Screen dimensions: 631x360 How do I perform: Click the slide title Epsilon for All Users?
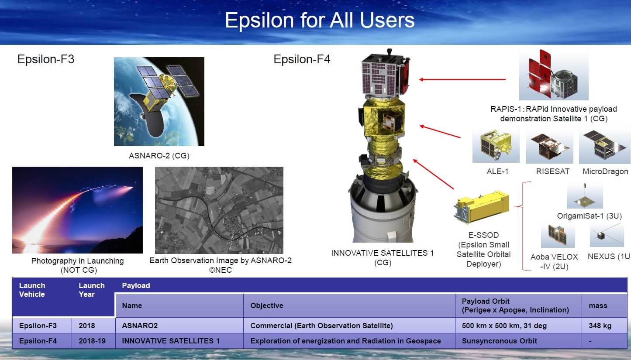pyautogui.click(x=320, y=21)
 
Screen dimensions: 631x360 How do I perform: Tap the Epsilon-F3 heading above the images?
pyautogui.click(x=46, y=59)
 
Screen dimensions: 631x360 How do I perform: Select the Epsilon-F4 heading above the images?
pyautogui.click(x=302, y=59)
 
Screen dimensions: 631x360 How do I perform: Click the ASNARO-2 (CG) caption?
pyautogui.click(x=159, y=156)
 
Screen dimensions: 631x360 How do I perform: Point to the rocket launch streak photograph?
pyautogui.click(x=78, y=210)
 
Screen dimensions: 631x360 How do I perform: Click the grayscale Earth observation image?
pyautogui.click(x=219, y=210)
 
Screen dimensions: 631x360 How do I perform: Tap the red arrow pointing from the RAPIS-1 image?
pyautogui.click(x=462, y=80)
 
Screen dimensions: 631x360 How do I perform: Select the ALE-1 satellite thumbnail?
pyautogui.click(x=496, y=145)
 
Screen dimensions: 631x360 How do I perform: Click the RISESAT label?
pyautogui.click(x=553, y=171)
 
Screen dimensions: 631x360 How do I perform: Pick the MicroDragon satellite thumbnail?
pyautogui.click(x=605, y=146)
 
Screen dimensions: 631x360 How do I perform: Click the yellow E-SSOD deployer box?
pyautogui.click(x=482, y=207)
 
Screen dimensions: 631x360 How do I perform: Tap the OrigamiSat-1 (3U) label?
pyautogui.click(x=590, y=216)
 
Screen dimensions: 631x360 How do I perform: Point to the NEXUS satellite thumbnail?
pyautogui.click(x=607, y=235)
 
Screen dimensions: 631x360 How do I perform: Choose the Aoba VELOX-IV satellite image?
pyautogui.click(x=558, y=236)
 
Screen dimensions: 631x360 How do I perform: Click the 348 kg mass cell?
pyautogui.click(x=600, y=326)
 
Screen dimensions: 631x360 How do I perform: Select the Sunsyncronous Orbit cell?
pyautogui.click(x=500, y=341)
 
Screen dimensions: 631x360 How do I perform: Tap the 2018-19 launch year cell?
pyautogui.click(x=92, y=341)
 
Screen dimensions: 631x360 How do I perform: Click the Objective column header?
pyautogui.click(x=267, y=305)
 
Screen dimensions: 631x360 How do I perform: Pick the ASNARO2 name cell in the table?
pyautogui.click(x=140, y=326)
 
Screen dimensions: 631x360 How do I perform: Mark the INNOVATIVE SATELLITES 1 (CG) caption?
pyautogui.click(x=383, y=257)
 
